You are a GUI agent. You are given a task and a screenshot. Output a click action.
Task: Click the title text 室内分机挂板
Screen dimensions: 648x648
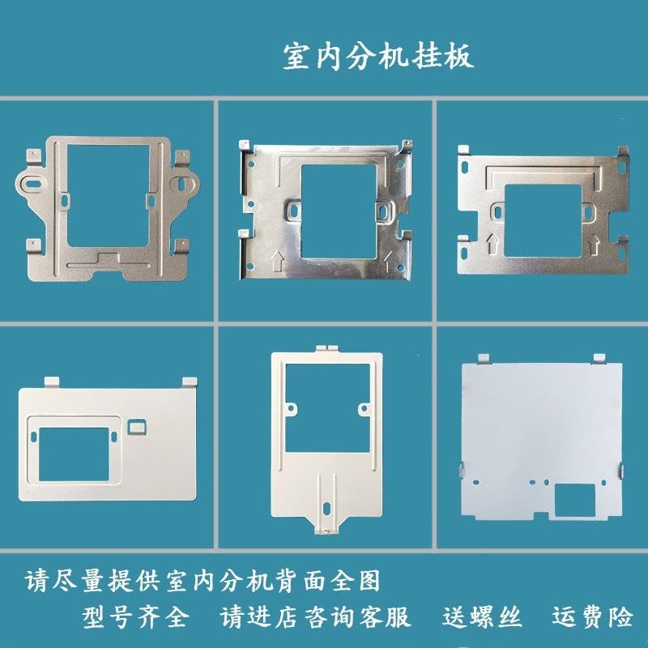coord(378,56)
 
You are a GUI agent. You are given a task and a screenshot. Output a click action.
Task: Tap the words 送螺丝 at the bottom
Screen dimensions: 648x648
coord(482,617)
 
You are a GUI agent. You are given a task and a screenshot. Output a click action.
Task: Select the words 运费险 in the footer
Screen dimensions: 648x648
coord(593,617)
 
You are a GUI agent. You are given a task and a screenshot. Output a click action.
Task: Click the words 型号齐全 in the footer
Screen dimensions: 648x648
coord(135,617)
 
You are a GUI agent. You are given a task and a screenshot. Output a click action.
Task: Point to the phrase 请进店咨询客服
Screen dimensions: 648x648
coord(315,617)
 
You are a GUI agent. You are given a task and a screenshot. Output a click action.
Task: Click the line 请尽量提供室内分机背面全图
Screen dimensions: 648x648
coord(202,581)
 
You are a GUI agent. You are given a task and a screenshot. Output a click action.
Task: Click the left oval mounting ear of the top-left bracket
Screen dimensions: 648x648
coord(31,184)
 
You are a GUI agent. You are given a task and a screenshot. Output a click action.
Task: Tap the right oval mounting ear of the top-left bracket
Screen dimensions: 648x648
coord(185,184)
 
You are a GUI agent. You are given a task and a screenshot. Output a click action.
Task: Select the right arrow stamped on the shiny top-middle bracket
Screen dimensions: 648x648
coord(390,261)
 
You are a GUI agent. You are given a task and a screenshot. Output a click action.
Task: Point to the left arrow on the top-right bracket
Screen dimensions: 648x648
coord(492,244)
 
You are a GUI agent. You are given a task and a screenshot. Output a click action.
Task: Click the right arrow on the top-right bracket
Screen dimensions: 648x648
coord(594,245)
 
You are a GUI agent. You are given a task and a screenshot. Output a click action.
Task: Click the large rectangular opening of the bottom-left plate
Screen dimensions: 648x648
coord(74,454)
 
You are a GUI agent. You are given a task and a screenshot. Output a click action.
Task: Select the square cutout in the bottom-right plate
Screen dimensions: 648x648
coord(574,501)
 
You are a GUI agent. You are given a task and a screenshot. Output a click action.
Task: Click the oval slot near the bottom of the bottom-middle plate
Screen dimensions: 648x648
coord(326,507)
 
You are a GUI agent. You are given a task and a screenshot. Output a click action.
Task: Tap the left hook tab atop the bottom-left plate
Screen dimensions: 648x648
coord(52,382)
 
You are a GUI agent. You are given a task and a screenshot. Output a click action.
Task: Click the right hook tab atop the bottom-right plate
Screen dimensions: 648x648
coord(599,359)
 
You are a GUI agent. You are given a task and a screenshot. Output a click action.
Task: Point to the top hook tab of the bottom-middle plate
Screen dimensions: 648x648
coord(328,348)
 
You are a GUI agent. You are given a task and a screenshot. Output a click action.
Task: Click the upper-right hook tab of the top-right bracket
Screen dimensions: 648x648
coord(623,151)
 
